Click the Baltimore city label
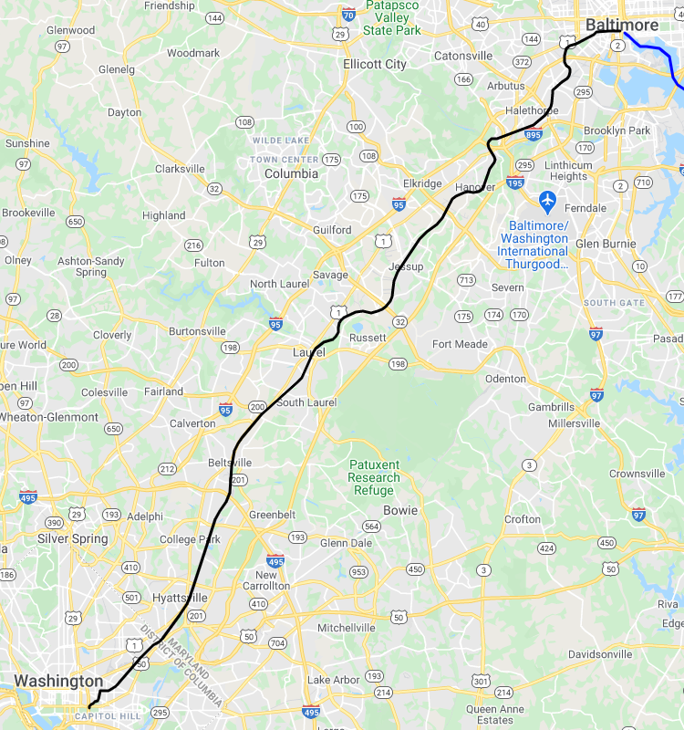pos(621,24)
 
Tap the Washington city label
pos(58,681)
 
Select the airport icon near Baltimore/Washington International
pos(548,200)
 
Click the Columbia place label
pos(291,173)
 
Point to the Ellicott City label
pos(375,65)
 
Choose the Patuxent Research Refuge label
pos(374,477)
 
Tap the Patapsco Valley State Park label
pos(392,17)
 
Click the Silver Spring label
pos(72,538)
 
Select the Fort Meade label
pos(460,344)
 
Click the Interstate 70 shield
pos(347,15)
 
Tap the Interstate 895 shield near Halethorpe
pos(534,135)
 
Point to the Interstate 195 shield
pos(515,182)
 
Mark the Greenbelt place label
pos(273,515)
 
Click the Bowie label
pos(400,510)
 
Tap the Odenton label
pos(504,379)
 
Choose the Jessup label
pos(406,266)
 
